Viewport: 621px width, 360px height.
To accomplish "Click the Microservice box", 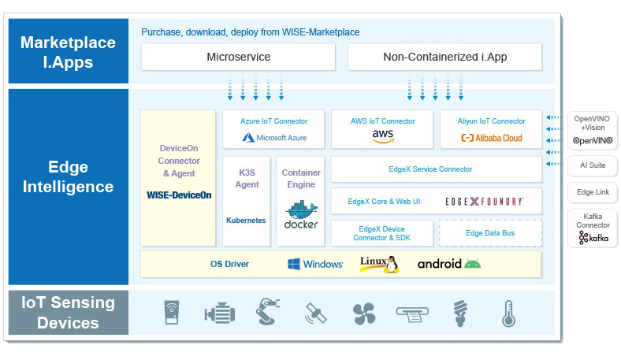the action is [239, 57].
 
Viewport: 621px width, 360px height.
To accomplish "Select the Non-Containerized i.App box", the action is [444, 57].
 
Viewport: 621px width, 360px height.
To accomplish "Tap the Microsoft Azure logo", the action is [274, 138].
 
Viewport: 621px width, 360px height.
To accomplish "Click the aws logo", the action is [382, 136].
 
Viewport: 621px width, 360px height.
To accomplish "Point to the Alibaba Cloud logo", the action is [492, 138].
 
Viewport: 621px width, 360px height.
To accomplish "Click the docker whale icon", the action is [301, 210].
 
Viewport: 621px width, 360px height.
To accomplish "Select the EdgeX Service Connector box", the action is [437, 169].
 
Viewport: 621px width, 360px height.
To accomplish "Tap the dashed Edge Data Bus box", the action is [490, 233].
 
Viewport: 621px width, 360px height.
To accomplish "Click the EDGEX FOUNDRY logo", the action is [484, 202].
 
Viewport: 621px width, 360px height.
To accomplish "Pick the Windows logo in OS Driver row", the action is [293, 264].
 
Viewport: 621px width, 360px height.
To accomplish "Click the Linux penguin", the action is [392, 265].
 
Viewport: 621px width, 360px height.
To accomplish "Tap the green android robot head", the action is [472, 263].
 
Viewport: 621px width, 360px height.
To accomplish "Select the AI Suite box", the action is [593, 165].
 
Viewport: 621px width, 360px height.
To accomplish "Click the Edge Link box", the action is [593, 192].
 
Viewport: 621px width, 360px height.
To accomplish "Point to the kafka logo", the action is [593, 238].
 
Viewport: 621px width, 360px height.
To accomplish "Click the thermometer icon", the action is [508, 314].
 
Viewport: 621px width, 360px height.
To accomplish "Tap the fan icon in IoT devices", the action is [364, 314].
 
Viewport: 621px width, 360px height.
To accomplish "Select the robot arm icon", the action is [267, 312].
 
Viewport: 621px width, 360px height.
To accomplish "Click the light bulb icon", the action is [460, 314].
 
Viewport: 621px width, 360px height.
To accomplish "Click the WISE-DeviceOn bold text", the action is [179, 195].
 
